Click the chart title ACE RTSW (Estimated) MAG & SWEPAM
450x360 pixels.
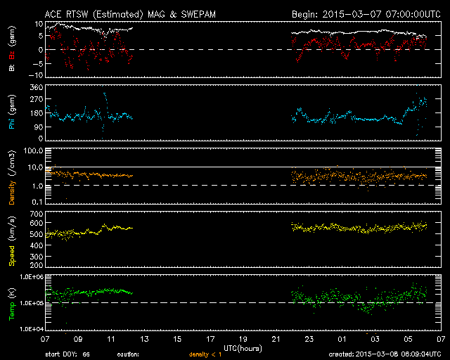[130, 14]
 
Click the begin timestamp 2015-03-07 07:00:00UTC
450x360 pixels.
[382, 14]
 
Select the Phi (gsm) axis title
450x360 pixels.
[12, 112]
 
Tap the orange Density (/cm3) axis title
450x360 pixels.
[12, 177]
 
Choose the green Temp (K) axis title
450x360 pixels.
[12, 304]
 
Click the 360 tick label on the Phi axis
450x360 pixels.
[37, 87]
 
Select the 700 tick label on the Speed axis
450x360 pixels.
[37, 214]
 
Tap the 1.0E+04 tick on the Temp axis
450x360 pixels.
[32, 328]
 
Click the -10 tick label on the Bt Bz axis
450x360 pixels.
[36, 75]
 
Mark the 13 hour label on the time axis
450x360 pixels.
[144, 340]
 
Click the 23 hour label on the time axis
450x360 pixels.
[309, 340]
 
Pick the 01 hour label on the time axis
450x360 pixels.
[342, 340]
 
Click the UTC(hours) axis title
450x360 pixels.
[243, 349]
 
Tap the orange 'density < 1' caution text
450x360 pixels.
[205, 354]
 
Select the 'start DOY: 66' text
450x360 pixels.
[67, 354]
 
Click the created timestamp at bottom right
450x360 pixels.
[385, 354]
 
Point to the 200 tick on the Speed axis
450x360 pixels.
[37, 265]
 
